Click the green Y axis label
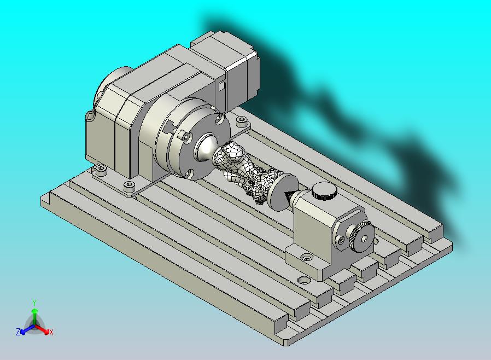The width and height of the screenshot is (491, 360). (34, 303)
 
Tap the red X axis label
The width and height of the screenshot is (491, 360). (51, 332)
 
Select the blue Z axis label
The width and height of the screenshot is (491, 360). (18, 332)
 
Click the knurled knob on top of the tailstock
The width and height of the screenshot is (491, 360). (324, 191)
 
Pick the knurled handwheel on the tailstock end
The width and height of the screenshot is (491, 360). (361, 236)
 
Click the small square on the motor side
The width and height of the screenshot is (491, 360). (221, 86)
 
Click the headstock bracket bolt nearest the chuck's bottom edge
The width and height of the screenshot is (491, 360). (129, 185)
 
